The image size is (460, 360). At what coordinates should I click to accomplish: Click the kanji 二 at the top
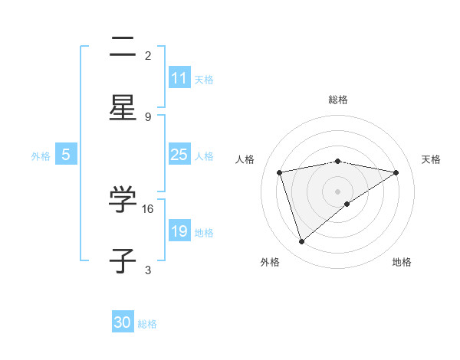(x=123, y=48)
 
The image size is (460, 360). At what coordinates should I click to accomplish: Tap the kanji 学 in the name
(x=123, y=201)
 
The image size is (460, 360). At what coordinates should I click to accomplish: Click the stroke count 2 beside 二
(x=148, y=55)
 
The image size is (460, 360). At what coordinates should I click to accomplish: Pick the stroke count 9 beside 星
(x=148, y=116)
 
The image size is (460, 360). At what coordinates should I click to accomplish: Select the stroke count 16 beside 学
(x=149, y=208)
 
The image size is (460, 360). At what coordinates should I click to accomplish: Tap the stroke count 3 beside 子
(x=148, y=270)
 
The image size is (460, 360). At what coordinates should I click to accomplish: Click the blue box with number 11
(x=179, y=78)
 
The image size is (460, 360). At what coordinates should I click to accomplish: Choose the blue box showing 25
(x=179, y=155)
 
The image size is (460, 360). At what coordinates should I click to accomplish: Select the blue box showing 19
(x=179, y=231)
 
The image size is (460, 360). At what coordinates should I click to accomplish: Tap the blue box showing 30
(x=123, y=323)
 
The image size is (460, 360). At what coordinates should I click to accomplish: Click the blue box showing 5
(x=66, y=155)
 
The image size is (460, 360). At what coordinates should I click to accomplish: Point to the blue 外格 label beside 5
(x=41, y=155)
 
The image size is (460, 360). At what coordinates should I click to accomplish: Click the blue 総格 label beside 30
(x=147, y=324)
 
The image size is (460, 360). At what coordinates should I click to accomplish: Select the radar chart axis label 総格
(x=338, y=100)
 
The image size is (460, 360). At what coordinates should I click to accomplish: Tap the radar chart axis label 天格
(x=431, y=159)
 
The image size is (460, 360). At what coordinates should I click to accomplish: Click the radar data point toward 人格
(x=280, y=172)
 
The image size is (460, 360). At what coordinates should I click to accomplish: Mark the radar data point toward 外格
(x=302, y=242)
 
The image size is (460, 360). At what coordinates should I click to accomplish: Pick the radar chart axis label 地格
(x=402, y=262)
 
